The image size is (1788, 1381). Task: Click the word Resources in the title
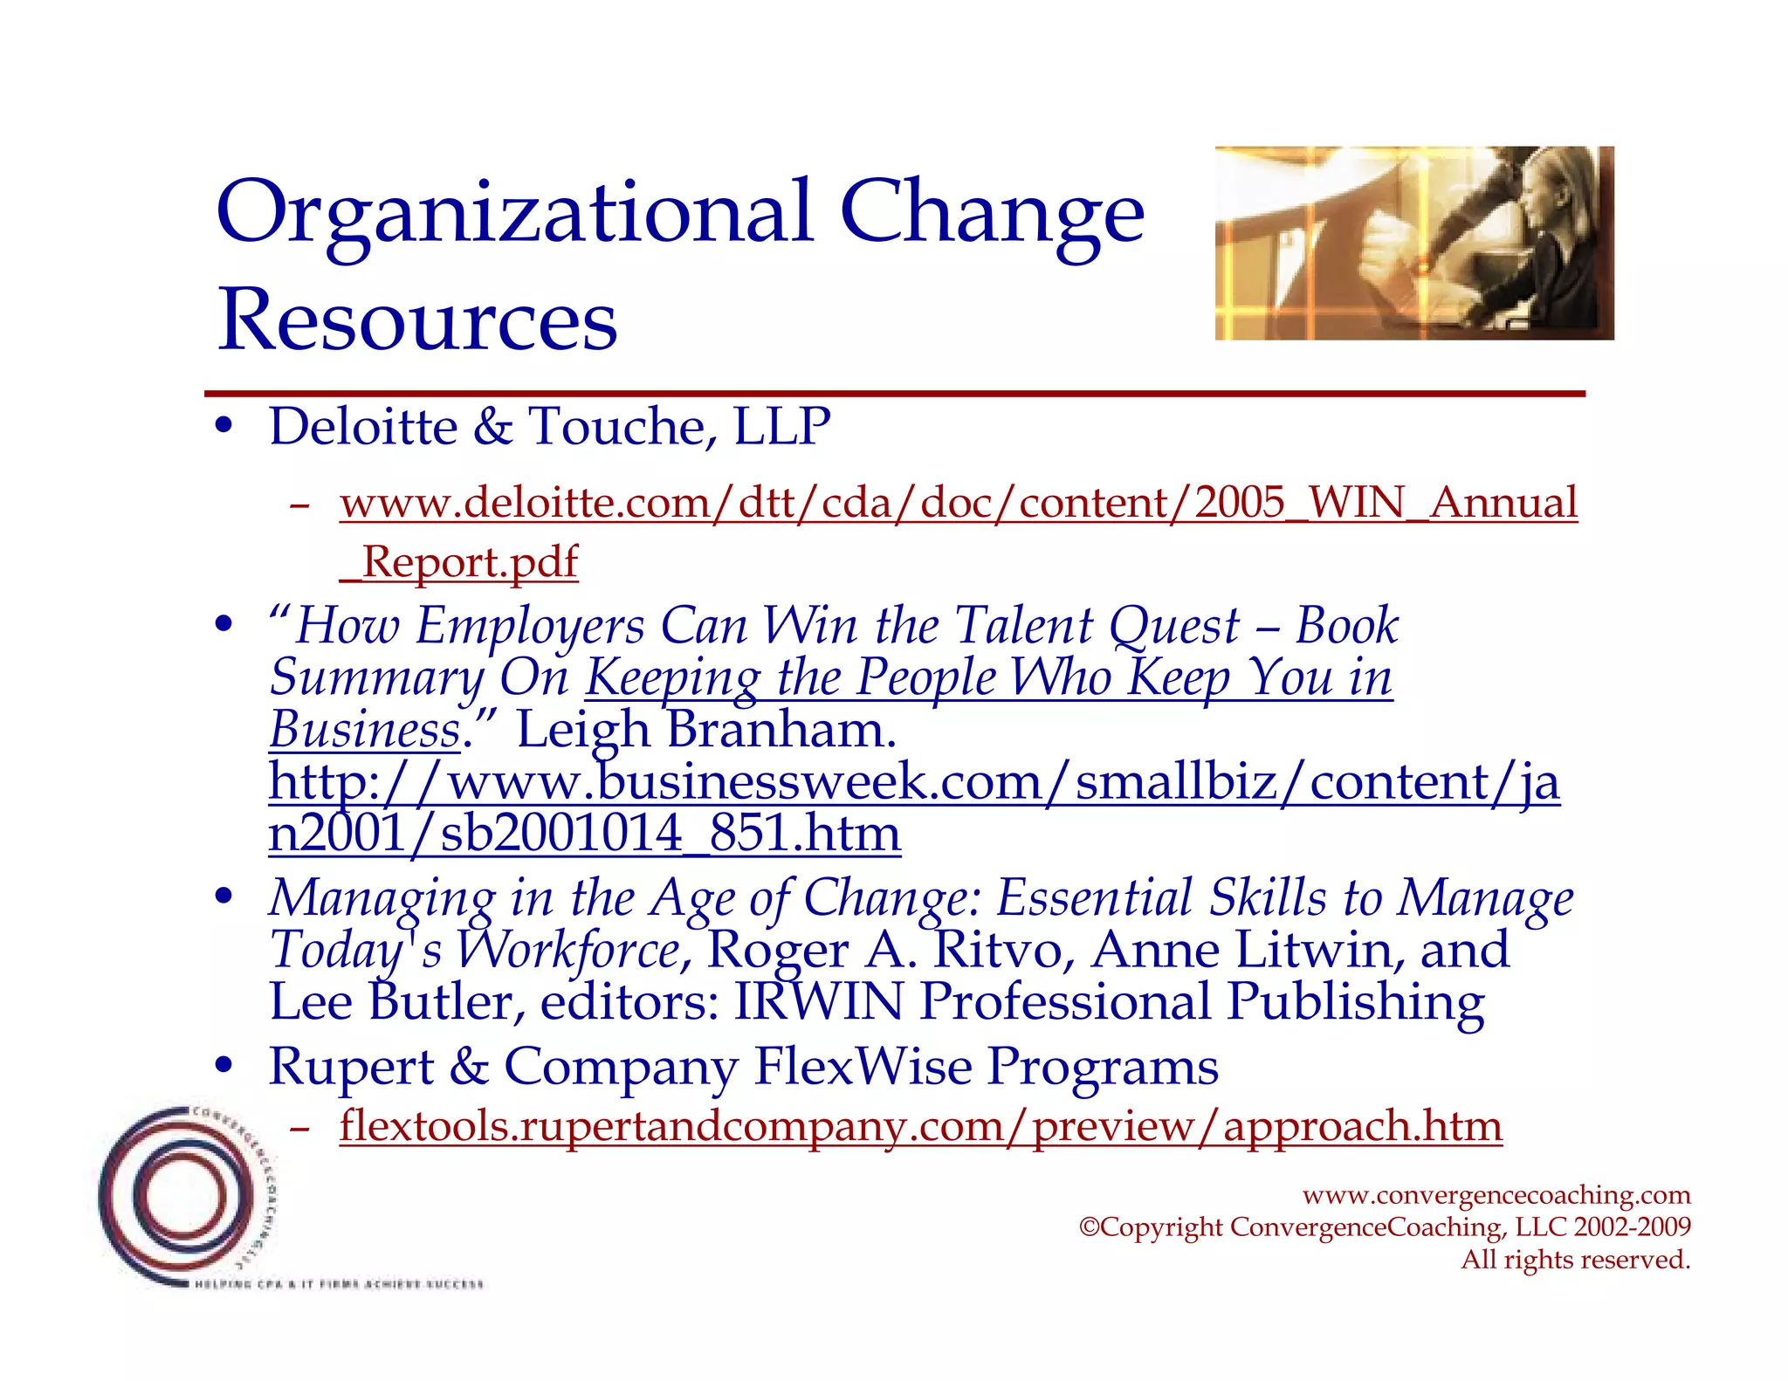(x=417, y=319)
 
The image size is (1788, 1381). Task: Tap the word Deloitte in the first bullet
(x=363, y=427)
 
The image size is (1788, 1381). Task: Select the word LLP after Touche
(x=781, y=427)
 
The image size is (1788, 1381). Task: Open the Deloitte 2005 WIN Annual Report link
(x=958, y=504)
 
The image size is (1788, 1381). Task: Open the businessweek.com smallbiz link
(x=913, y=781)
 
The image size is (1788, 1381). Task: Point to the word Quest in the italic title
(x=1173, y=626)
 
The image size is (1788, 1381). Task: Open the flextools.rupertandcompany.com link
(x=920, y=1126)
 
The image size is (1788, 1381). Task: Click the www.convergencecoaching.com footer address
(x=1496, y=1194)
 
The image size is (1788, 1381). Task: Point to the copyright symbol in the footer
(x=1089, y=1227)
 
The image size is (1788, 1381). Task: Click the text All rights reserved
(x=1575, y=1260)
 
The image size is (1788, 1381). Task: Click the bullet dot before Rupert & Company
(x=225, y=1066)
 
